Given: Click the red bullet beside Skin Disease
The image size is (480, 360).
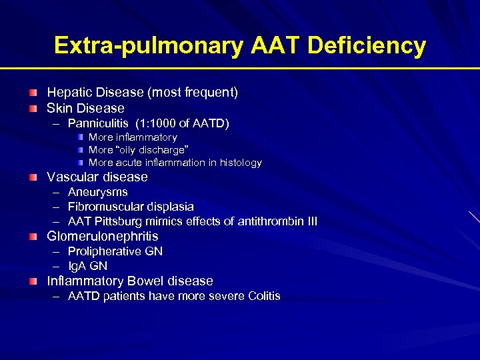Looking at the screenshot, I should coord(33,108).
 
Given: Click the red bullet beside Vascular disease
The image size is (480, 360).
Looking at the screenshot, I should coord(33,177).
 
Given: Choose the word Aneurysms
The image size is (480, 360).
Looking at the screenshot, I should coord(98,192).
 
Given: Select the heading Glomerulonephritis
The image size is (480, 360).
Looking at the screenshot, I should coord(103,237).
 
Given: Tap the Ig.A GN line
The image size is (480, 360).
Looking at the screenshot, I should coord(88,266).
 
